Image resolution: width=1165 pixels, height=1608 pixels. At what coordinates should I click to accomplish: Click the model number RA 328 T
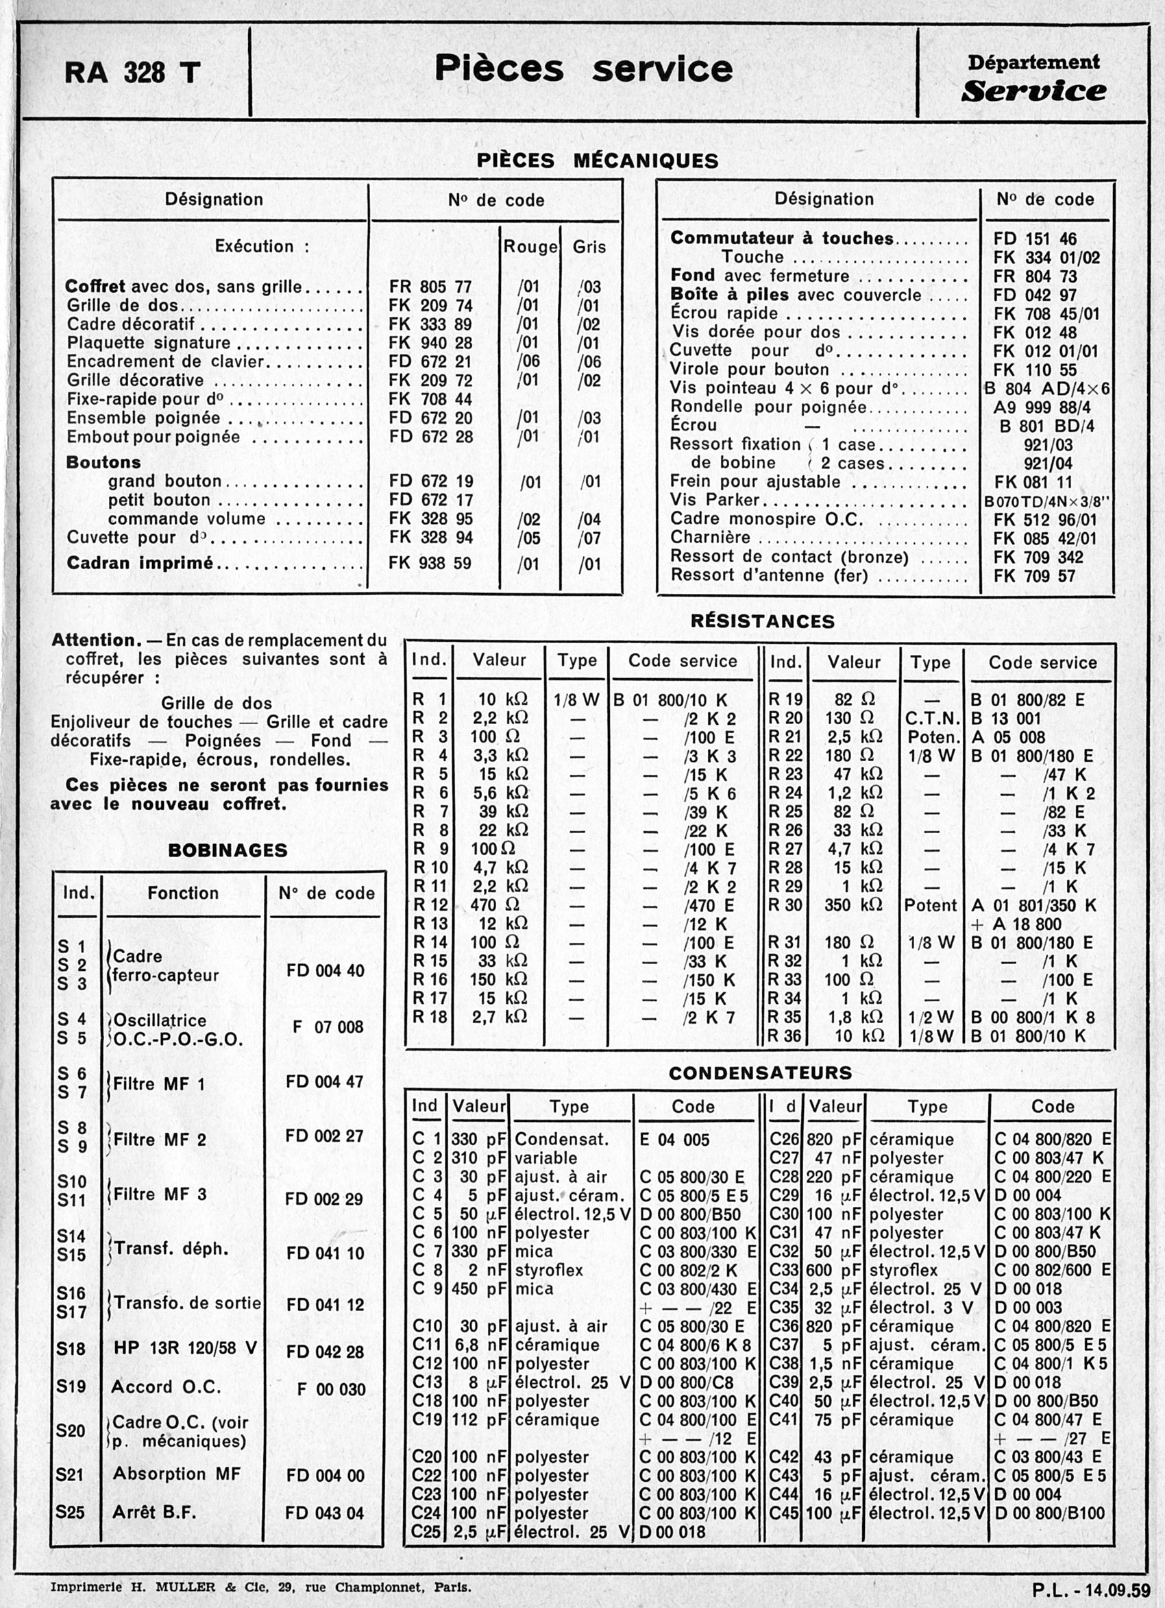pos(132,73)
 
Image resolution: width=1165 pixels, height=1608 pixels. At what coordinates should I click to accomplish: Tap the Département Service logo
pos(1033,79)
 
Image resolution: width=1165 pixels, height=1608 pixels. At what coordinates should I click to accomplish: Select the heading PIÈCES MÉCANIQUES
pos(598,161)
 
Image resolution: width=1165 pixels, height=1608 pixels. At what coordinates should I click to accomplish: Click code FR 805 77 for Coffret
pos(430,287)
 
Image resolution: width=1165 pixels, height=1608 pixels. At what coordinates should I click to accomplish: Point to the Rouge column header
pos(530,247)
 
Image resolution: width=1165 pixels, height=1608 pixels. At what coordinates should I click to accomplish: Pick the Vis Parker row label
pos(715,500)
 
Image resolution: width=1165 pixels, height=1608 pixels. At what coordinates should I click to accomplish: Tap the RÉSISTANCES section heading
pos(763,622)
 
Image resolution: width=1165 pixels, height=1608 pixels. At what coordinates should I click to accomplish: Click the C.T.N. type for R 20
pos(932,719)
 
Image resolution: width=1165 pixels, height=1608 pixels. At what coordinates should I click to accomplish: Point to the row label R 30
pos(785,905)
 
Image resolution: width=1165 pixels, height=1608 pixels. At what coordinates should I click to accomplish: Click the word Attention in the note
pos(93,640)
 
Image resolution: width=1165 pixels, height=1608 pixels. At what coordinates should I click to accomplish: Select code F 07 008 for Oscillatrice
pos(328,1027)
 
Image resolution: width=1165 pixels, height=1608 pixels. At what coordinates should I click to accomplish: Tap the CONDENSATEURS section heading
pos(761,1072)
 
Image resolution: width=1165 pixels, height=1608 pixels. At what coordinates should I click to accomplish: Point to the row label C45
pos(785,1513)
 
